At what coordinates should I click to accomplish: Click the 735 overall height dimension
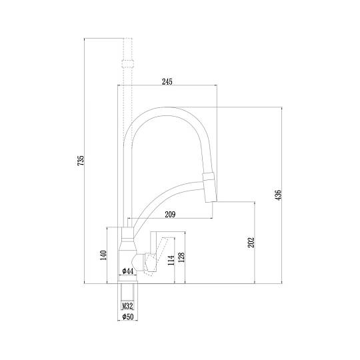(81, 161)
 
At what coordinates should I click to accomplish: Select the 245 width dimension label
(167, 81)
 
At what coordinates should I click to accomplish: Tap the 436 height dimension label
(278, 195)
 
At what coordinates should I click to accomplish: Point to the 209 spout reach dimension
(170, 215)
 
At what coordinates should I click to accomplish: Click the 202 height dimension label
(251, 243)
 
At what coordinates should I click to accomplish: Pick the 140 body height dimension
(103, 255)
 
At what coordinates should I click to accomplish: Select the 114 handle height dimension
(171, 261)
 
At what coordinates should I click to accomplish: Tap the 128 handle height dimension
(181, 257)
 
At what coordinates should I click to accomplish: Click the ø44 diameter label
(127, 271)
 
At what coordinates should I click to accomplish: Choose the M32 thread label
(127, 306)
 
